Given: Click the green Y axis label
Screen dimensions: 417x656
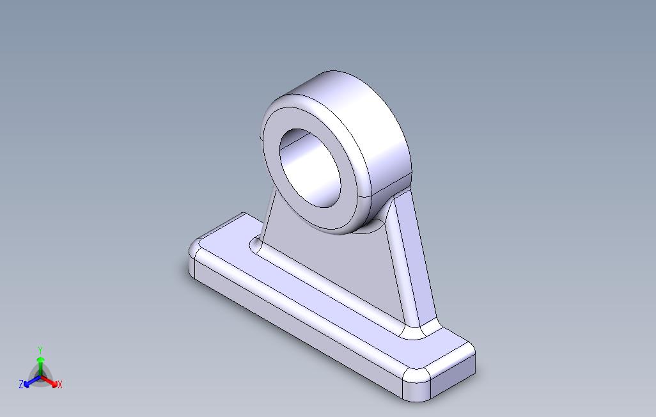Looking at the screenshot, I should pyautogui.click(x=40, y=350).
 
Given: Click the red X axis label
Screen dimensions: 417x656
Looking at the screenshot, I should pyautogui.click(x=59, y=384).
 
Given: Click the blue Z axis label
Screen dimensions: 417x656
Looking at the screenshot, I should pyautogui.click(x=21, y=384).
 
